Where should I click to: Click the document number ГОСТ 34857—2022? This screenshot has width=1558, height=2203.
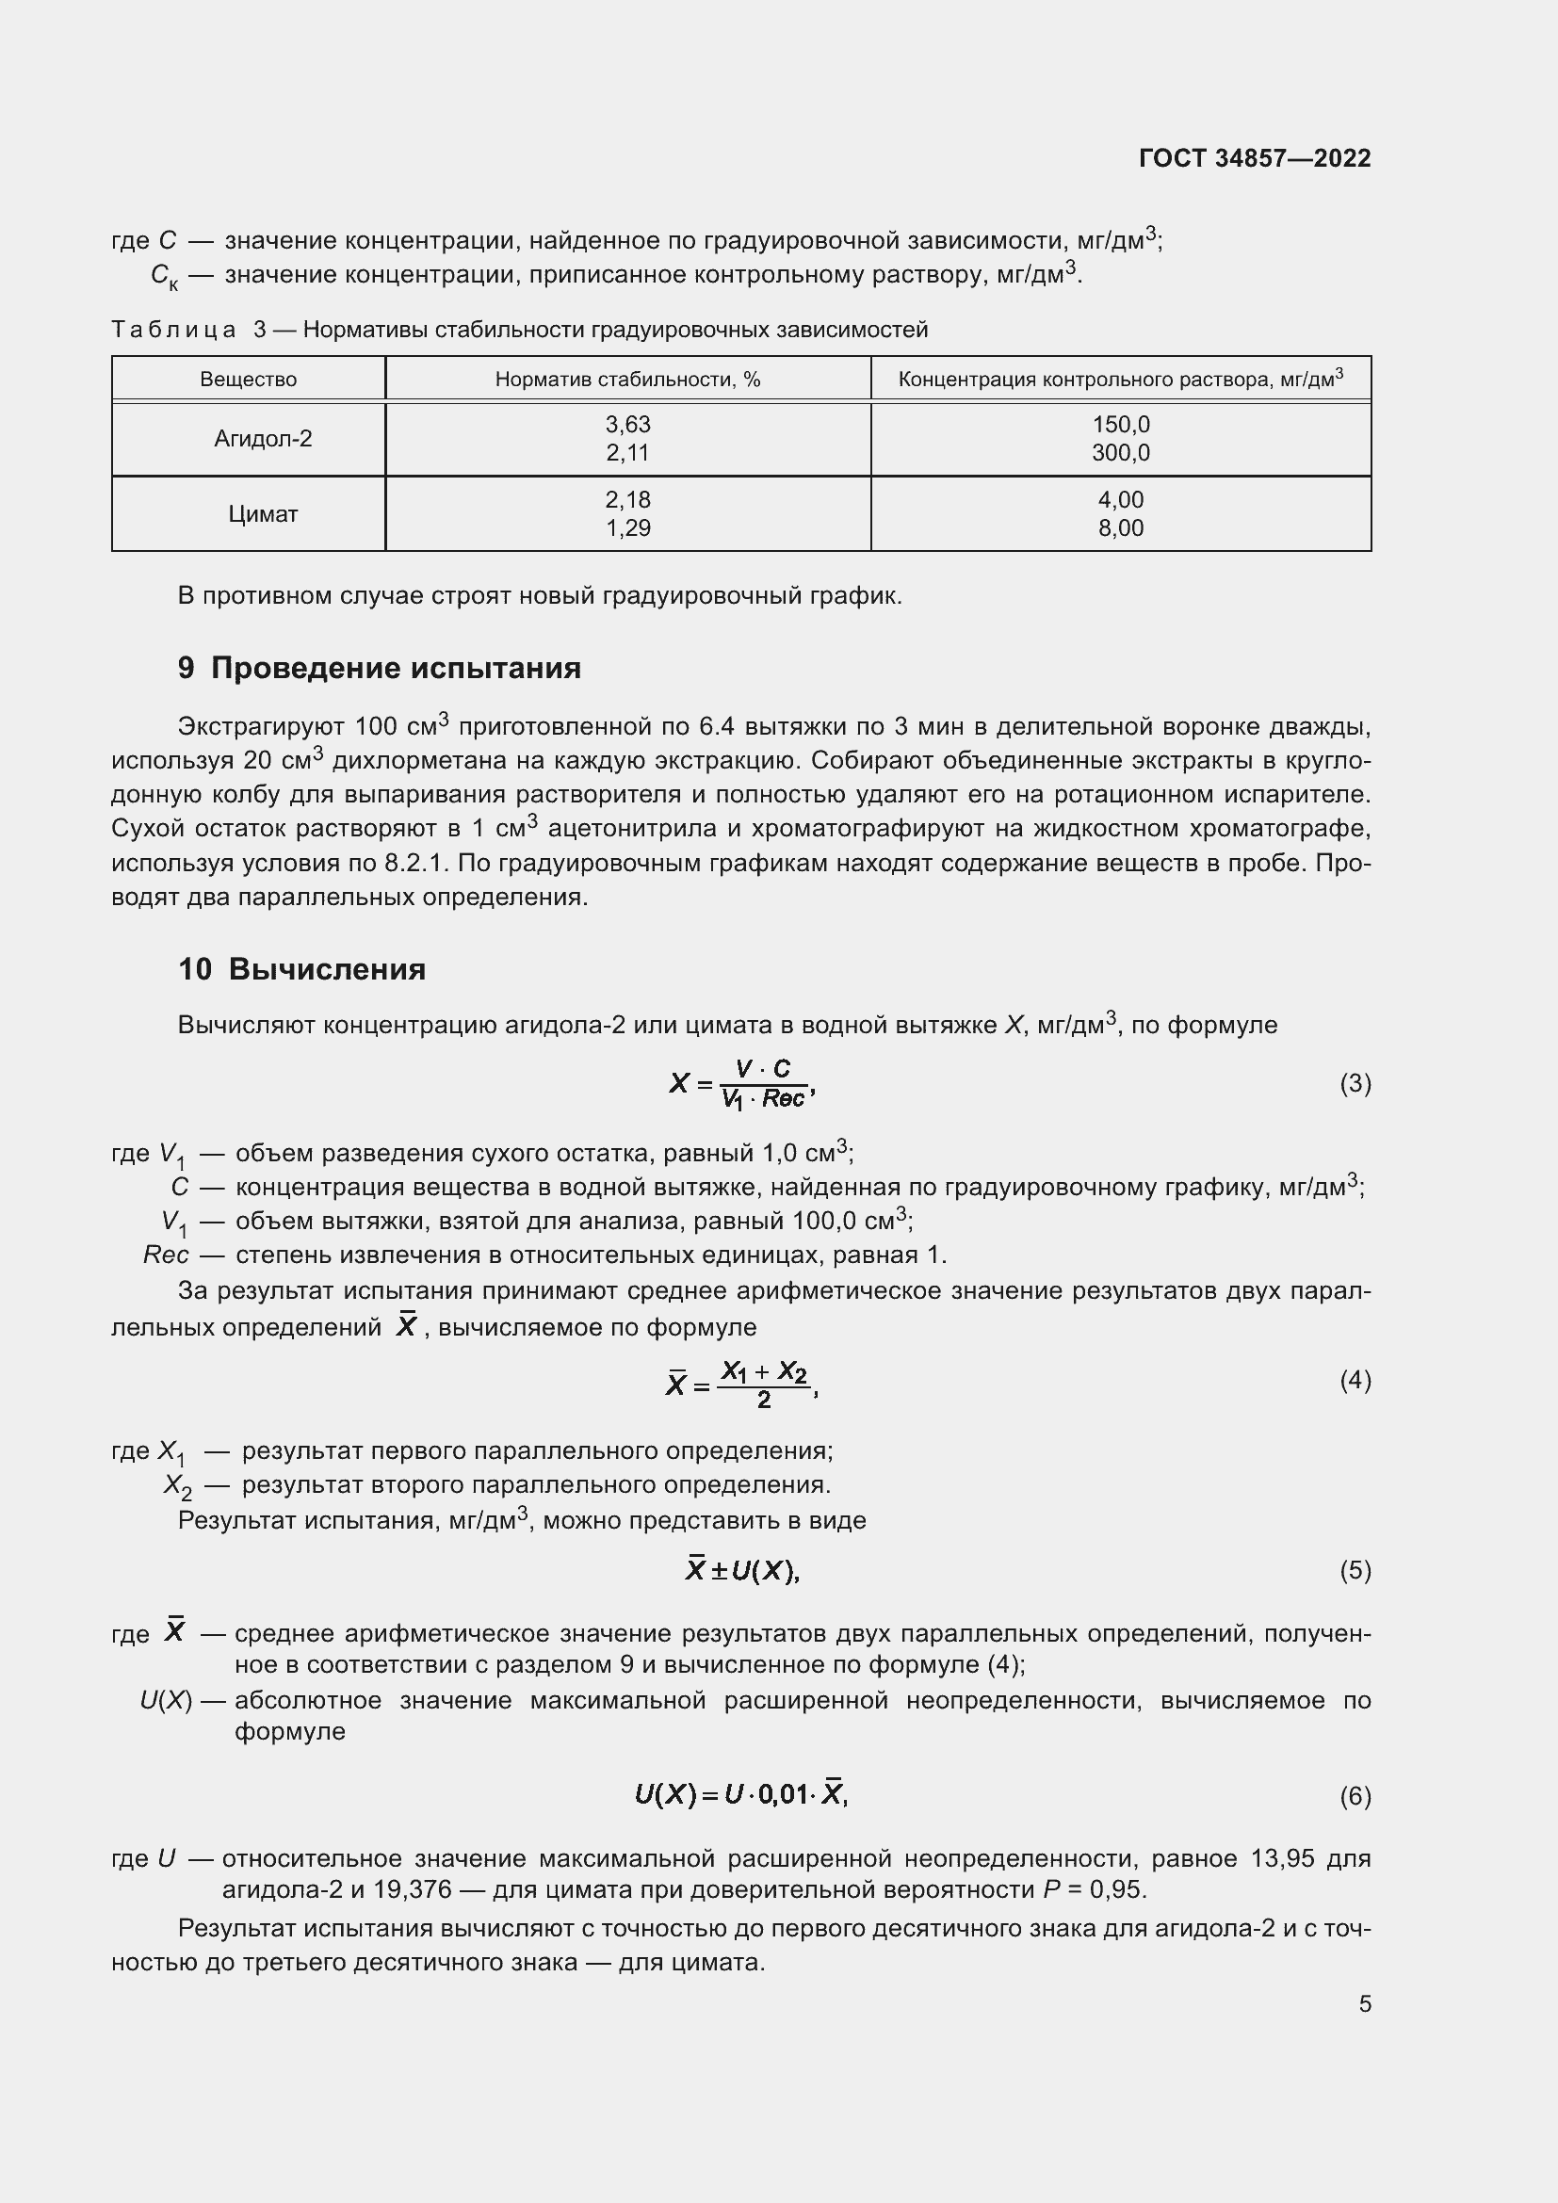[1254, 158]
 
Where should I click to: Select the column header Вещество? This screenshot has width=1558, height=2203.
[249, 379]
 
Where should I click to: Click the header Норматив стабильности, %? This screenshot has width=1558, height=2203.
[627, 379]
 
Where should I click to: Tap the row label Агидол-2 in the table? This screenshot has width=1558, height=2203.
[263, 439]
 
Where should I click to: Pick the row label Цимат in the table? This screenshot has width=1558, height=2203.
[263, 514]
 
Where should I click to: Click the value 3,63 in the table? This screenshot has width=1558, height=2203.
[627, 424]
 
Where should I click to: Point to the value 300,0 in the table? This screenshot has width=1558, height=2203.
[1121, 453]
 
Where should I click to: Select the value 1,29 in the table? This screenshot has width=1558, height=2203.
[627, 527]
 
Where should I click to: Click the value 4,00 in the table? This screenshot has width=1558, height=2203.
[1121, 499]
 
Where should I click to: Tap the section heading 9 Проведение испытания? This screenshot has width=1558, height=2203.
[379, 668]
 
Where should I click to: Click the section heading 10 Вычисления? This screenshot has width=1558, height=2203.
[301, 969]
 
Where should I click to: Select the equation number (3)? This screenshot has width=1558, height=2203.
[1355, 1083]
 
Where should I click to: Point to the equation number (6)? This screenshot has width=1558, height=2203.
[1355, 1795]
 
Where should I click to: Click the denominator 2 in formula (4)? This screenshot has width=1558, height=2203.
[764, 1400]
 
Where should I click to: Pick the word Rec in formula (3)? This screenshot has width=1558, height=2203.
[783, 1098]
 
